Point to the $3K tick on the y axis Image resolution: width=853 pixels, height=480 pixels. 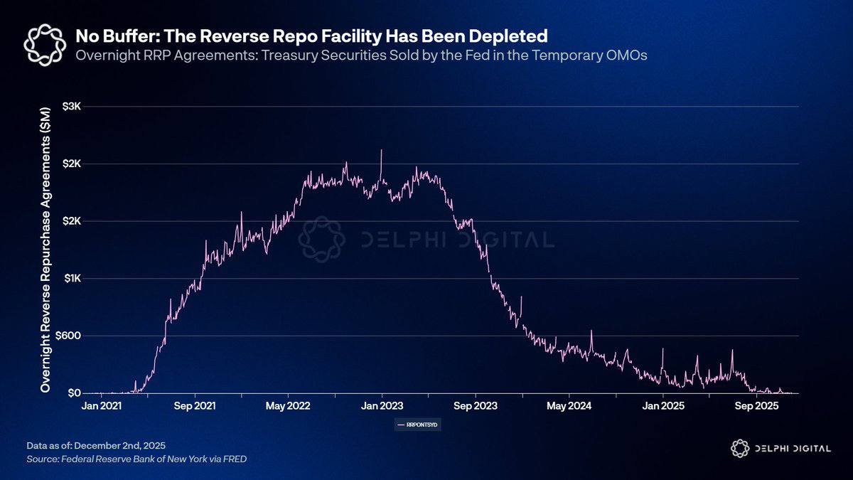click(73, 106)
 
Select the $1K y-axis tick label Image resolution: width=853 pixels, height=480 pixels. click(73, 278)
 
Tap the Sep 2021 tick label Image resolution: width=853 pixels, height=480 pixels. click(195, 406)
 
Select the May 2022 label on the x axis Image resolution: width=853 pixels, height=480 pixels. click(288, 406)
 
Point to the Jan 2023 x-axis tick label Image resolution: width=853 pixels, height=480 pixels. click(382, 406)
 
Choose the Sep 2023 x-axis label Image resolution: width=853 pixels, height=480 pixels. click(476, 406)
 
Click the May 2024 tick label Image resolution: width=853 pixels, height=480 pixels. click(569, 406)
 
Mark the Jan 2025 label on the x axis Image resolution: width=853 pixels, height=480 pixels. click(663, 406)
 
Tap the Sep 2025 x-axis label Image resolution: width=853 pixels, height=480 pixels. click(756, 406)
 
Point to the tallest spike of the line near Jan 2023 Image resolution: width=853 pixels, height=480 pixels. click(382, 150)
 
